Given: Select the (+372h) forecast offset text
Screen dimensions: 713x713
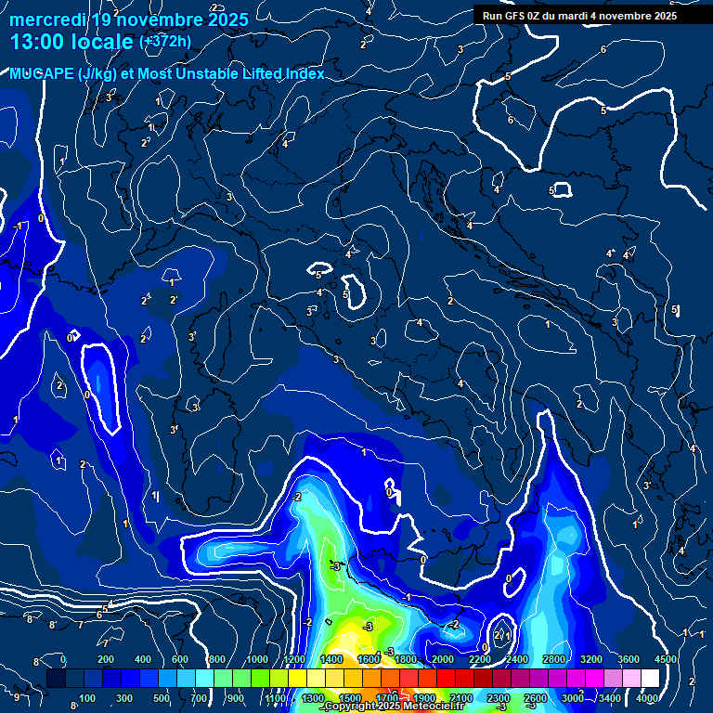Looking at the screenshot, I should coord(164,42).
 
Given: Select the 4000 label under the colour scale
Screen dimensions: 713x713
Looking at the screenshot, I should coord(648,698).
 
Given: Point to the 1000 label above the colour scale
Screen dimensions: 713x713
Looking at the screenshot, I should coord(258,659).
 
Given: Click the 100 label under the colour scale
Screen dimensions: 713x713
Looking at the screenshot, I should coord(87,698).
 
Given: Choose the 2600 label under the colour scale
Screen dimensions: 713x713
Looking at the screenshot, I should coord(536,698).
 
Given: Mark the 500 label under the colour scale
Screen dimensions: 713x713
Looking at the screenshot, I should coord(162,698).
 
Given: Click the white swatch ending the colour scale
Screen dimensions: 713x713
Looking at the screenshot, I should coord(650,679).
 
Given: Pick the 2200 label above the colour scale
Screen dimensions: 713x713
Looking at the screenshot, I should coord(480,659).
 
